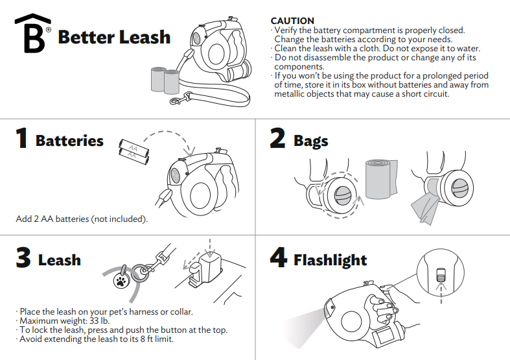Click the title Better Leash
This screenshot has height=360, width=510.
114,37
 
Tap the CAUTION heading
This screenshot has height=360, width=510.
292,21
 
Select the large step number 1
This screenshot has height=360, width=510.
21,139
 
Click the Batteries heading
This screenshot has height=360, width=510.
69,141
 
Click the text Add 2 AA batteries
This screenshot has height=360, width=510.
82,219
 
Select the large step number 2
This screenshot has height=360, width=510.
277,139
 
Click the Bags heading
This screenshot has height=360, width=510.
310,141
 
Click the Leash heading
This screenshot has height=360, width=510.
60,260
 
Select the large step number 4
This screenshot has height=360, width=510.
278,259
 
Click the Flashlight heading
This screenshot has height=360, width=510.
330,260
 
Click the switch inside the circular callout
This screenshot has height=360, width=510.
441,274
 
